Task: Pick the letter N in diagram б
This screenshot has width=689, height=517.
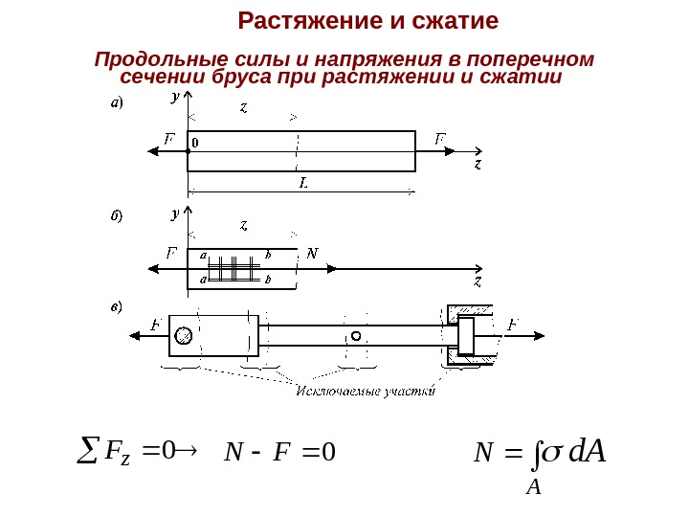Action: coord(311,254)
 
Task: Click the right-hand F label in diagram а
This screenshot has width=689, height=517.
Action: coord(440,139)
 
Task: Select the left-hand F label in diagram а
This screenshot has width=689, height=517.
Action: coord(169,139)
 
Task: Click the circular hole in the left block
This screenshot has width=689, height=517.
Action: coord(184,335)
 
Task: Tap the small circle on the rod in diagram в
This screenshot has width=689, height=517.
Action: coord(356,336)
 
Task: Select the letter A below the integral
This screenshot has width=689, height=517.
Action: coord(534,489)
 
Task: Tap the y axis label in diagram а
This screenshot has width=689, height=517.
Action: coord(175,98)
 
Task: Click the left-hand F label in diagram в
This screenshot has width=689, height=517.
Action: coord(155,325)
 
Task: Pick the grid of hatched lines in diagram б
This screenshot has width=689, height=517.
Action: coord(235,269)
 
